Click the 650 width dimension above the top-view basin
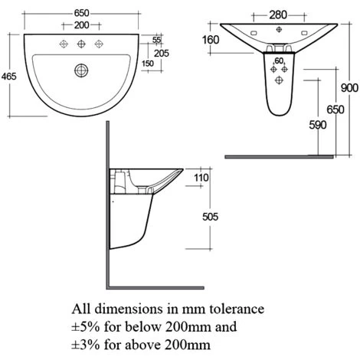pos(82,13)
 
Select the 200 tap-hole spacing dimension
pos(82,25)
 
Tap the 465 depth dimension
pos(9,76)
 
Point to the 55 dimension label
pos(156,40)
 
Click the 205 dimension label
pos(162,53)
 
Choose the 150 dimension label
pos(148,64)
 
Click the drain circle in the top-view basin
pos(81,70)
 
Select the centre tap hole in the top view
pos(81,44)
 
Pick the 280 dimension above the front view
pos(278,15)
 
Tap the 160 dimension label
pos(211,40)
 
